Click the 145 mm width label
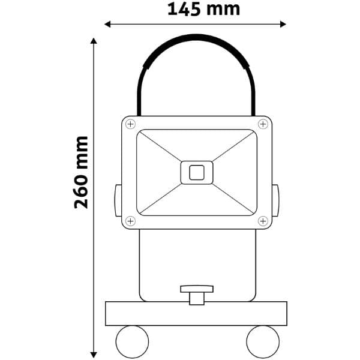204,10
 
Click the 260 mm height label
81,172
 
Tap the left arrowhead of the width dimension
107,24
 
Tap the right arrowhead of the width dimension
283,24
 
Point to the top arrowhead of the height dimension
94,41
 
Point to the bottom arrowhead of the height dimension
94,355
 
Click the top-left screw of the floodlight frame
130,124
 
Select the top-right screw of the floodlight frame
263,124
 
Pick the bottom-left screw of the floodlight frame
130,221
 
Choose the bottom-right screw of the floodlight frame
263,221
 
